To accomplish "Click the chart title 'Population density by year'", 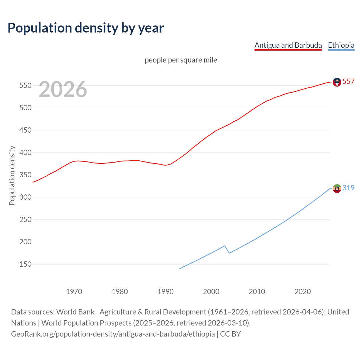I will point(86,28).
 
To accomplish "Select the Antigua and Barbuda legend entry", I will point(288,45).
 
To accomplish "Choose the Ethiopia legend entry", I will point(341,45).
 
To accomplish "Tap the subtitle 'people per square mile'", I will point(181,60).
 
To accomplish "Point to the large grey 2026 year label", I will point(63,89).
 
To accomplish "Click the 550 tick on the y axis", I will point(25,85).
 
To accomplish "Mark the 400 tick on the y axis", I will point(25,152).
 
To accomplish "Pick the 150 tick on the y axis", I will point(25,264).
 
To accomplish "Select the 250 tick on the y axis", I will point(25,219).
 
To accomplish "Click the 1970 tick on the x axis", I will point(74,291).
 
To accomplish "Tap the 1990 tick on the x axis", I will point(165,291).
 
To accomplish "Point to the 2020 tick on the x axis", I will point(303,291).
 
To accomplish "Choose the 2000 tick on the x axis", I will point(211,291).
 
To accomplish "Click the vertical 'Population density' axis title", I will point(12,175).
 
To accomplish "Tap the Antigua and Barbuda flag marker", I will point(337,82).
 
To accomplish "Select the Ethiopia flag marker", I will point(337,188).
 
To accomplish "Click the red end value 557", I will point(348,81).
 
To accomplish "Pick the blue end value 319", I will point(348,188).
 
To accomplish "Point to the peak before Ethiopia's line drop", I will point(225,246).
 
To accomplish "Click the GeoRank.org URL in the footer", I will point(113,334).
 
